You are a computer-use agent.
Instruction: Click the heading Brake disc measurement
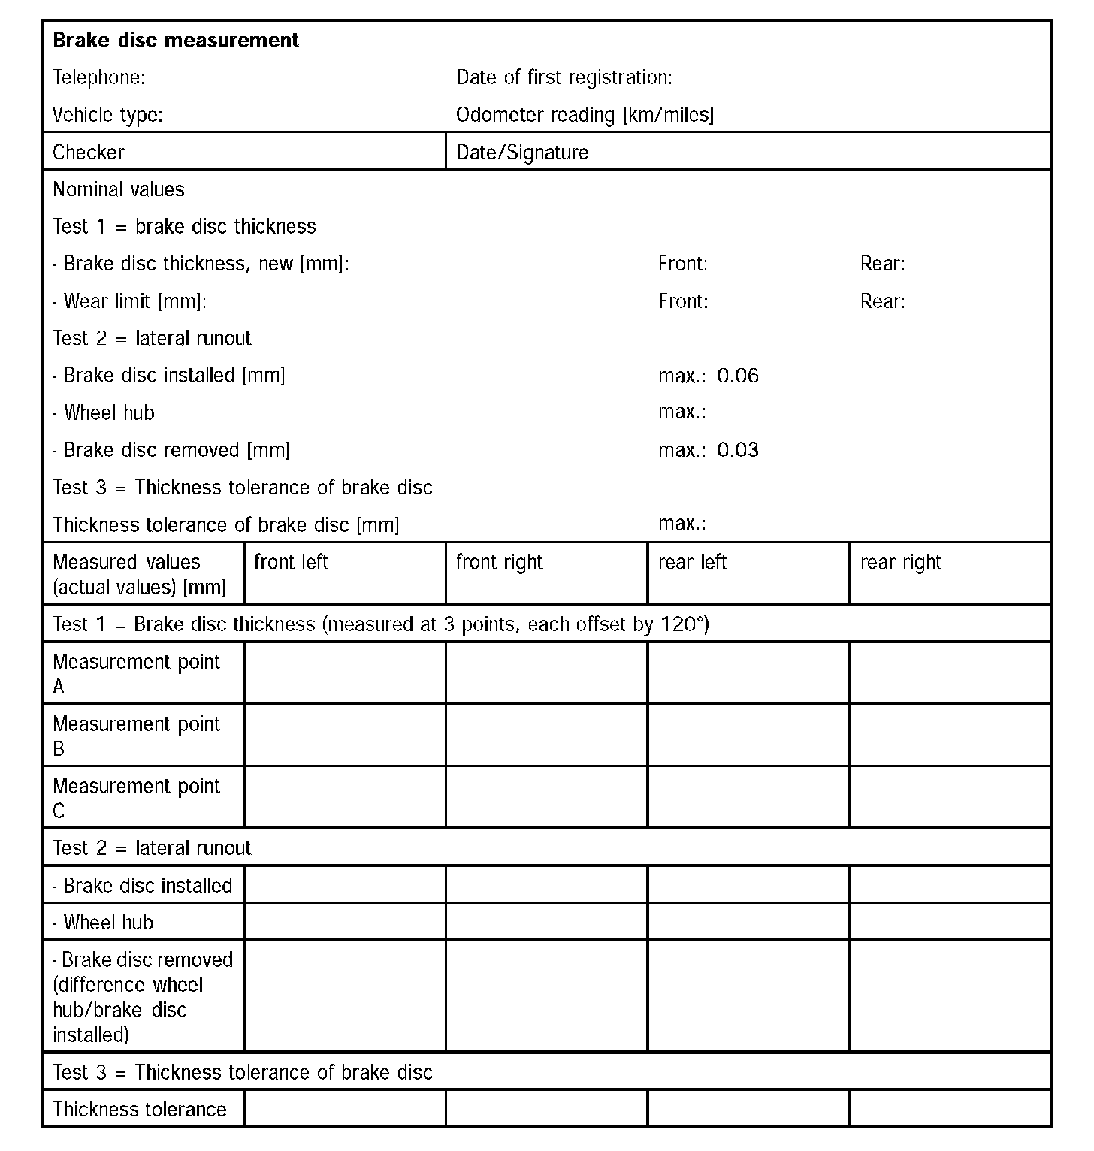coord(176,40)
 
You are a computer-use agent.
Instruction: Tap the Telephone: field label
coord(98,77)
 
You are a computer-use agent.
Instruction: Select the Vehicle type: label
coord(107,115)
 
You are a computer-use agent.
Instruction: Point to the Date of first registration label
coord(564,77)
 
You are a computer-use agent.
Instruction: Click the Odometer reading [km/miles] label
coord(585,115)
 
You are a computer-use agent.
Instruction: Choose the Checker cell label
coord(89,153)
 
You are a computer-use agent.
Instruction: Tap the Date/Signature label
coord(522,153)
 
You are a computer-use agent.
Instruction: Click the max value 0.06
coord(738,376)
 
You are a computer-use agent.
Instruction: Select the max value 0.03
coord(738,450)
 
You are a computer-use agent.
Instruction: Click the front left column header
coord(292,562)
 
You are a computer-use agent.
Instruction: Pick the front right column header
coord(500,562)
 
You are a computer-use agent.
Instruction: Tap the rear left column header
coord(693,562)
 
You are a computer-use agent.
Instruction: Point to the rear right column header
coord(901,562)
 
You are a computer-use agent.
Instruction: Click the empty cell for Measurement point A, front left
coord(345,673)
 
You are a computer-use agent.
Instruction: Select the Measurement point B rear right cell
coord(950,736)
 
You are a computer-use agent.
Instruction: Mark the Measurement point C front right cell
coord(546,797)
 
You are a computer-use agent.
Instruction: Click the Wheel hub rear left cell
coord(748,921)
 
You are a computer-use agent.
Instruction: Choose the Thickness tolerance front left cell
coord(345,1108)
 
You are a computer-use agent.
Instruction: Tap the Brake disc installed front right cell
coord(546,884)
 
